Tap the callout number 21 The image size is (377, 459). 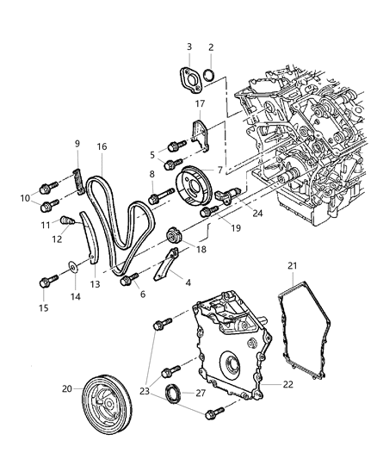[294, 265]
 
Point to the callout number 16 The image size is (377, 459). [101, 147]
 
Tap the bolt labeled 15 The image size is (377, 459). [44, 280]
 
